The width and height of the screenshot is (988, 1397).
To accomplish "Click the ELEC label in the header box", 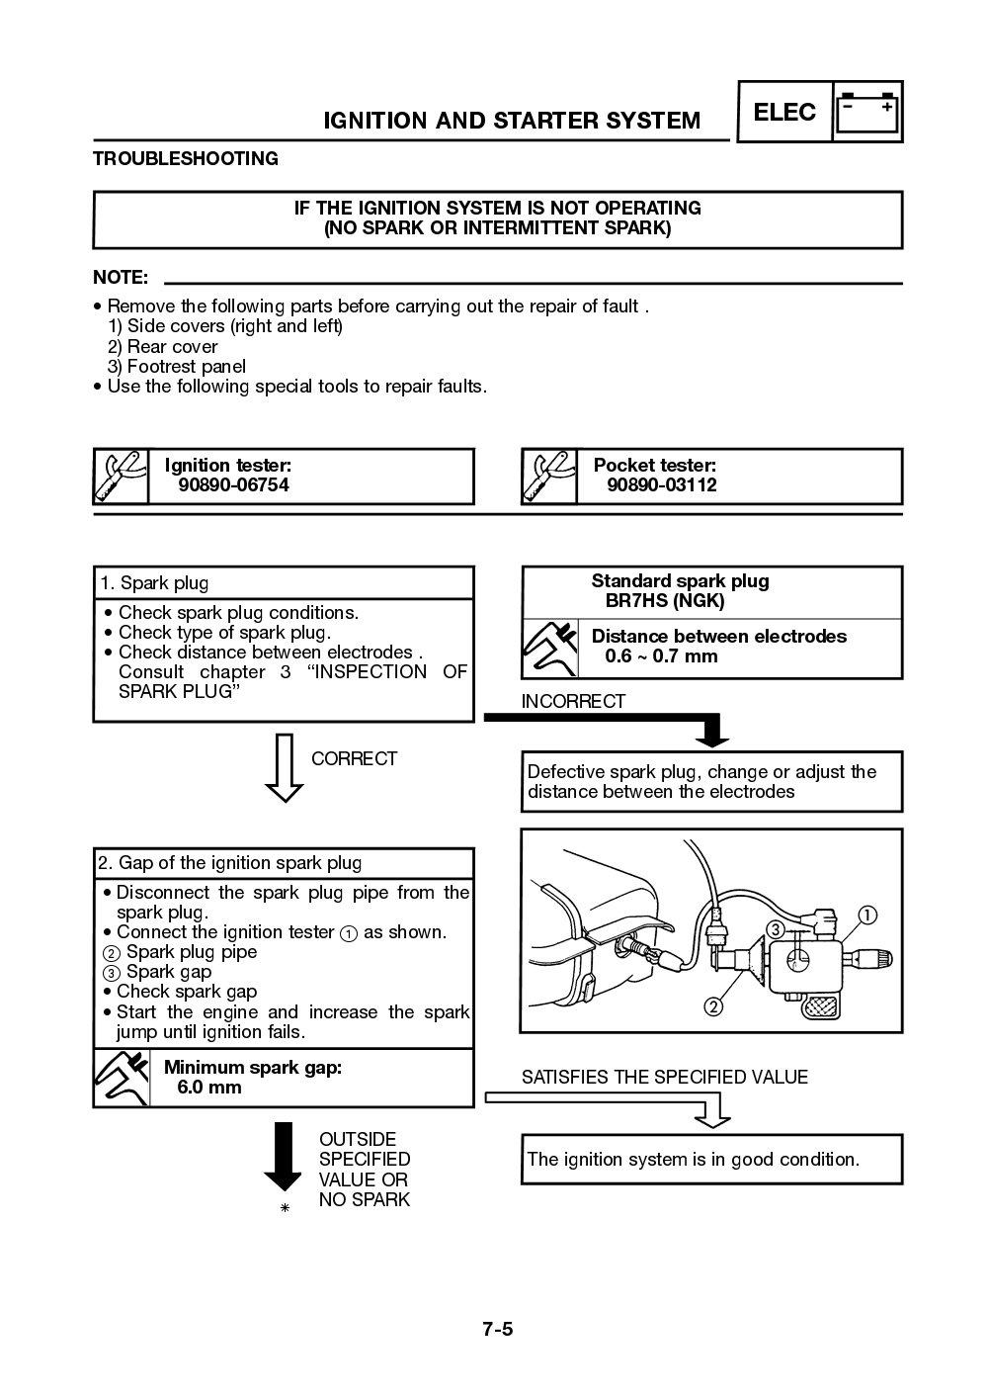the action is [x=784, y=112].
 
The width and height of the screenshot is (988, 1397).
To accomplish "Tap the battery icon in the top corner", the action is [x=868, y=113].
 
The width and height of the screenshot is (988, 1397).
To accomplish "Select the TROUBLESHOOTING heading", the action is [x=186, y=158].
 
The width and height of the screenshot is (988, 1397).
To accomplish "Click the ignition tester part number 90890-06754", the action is [x=233, y=485].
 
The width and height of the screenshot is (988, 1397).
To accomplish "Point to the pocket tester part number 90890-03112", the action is [x=662, y=485].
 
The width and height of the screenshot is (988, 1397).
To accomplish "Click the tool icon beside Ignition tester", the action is [x=121, y=477].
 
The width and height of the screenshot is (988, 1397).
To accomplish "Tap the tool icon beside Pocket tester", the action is [x=548, y=477].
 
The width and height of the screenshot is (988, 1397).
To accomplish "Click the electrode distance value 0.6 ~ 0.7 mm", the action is [x=661, y=656].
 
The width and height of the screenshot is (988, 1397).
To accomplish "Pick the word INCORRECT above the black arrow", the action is [x=573, y=702].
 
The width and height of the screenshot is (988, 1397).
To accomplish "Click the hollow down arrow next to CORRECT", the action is [x=285, y=767].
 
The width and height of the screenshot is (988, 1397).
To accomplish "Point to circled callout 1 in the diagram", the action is [x=865, y=915].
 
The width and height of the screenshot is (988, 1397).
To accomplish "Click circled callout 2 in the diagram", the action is [x=712, y=1007].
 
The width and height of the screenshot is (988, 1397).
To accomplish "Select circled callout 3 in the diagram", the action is [x=776, y=929].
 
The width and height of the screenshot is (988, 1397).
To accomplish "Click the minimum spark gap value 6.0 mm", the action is [x=209, y=1088].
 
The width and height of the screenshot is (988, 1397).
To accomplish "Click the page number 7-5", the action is [x=498, y=1328].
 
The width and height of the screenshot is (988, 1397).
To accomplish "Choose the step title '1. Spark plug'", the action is [x=153, y=583].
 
